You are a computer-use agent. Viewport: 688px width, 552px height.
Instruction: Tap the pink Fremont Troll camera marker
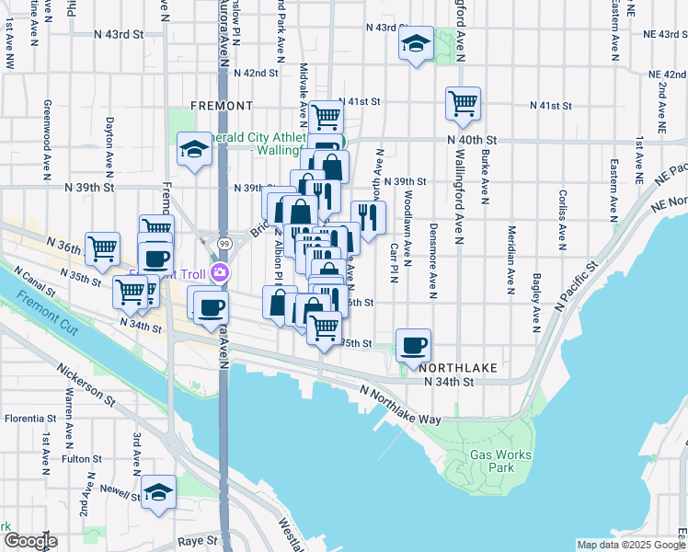[x=220, y=272]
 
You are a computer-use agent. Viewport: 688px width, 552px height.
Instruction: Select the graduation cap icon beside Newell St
[x=158, y=492]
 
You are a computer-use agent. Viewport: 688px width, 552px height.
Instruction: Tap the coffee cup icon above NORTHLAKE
[x=414, y=345]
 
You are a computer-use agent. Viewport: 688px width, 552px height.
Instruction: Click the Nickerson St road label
[x=86, y=387]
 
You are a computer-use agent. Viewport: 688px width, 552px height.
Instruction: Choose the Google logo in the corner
[x=30, y=541]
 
